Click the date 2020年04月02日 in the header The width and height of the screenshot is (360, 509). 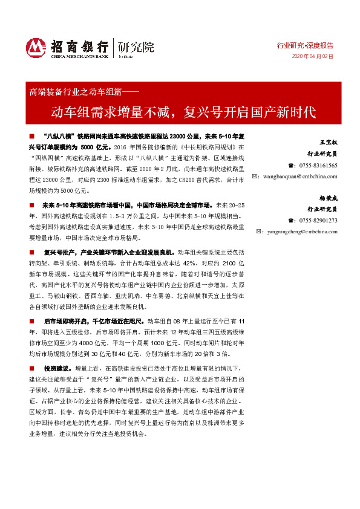click(x=313, y=56)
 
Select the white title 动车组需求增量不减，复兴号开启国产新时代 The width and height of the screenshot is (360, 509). click(x=183, y=112)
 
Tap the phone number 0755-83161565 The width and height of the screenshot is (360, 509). click(x=317, y=166)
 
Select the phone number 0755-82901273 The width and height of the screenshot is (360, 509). click(x=317, y=220)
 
